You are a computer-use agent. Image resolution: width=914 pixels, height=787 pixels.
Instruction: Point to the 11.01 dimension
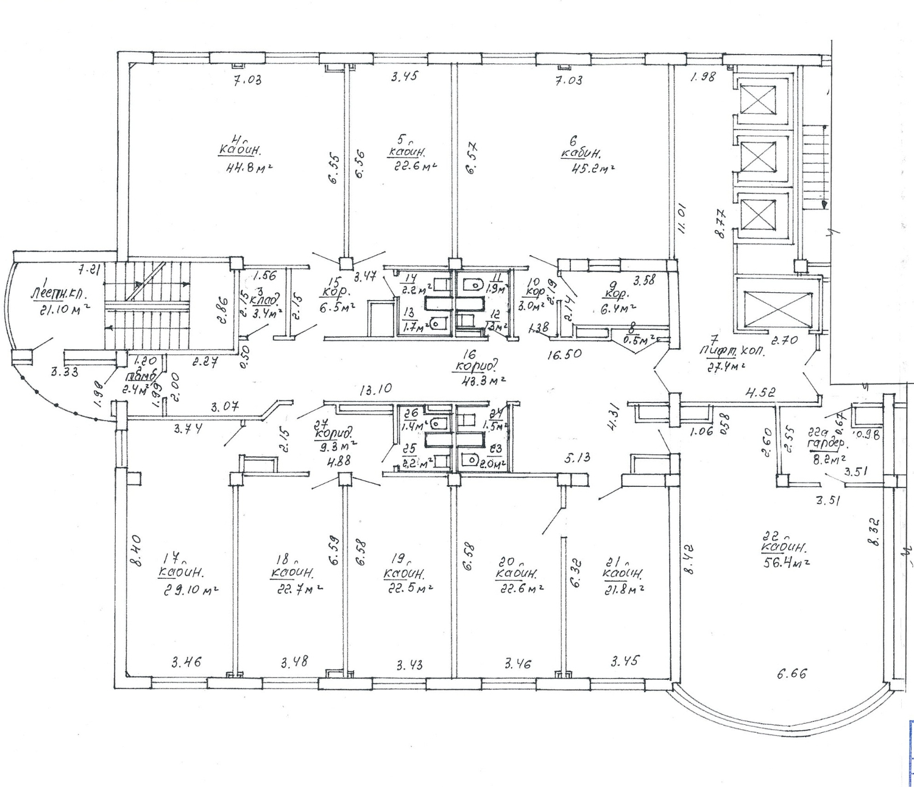682,219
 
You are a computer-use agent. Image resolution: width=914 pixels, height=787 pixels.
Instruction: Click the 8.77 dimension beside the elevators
721,223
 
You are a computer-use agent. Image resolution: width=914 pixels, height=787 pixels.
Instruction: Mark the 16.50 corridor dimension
563,354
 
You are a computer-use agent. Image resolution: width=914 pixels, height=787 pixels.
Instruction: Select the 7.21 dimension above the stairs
89,268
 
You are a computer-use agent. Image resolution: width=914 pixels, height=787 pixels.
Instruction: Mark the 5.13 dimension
578,458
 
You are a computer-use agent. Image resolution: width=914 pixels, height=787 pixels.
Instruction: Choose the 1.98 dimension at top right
703,77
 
